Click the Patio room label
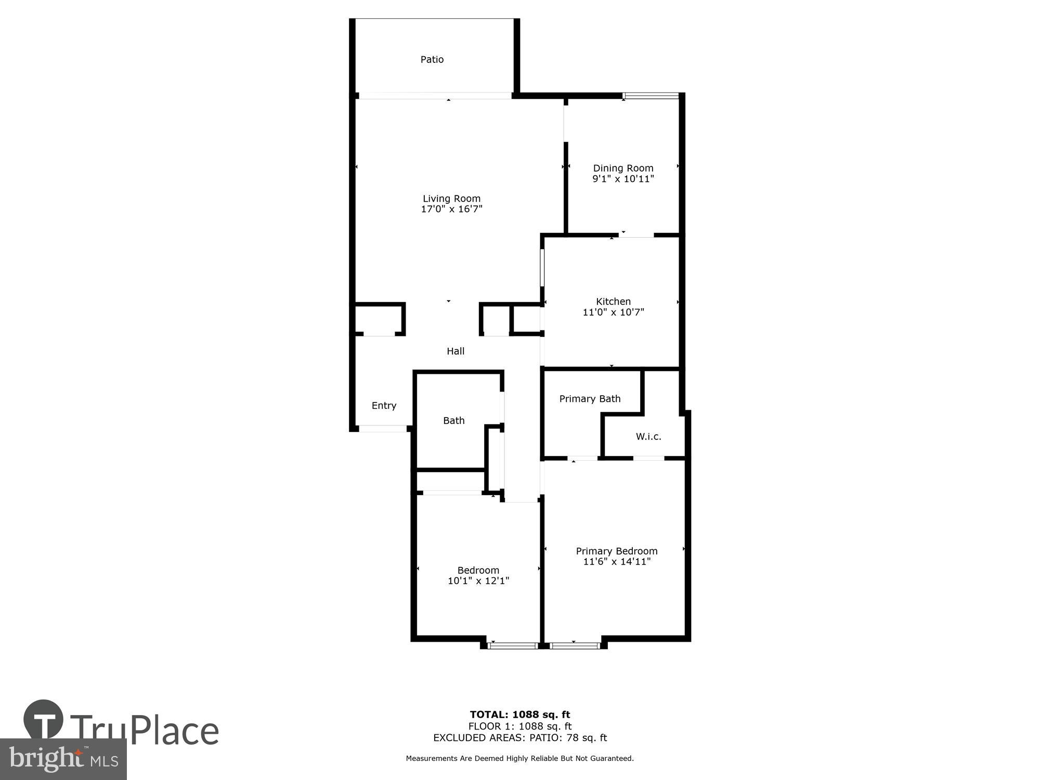click(x=432, y=60)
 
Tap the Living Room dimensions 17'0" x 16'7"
click(x=451, y=209)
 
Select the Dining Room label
click(x=623, y=168)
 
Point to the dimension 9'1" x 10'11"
click(x=623, y=179)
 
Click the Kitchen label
click(x=613, y=302)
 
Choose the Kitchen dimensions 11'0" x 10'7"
click(x=613, y=313)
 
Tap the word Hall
click(x=456, y=352)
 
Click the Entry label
click(x=384, y=406)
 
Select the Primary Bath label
click(x=590, y=399)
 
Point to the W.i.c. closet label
click(x=648, y=437)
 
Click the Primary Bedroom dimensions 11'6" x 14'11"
click(x=617, y=562)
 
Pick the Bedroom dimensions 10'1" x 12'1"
click(x=478, y=581)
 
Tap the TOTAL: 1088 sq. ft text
click(x=520, y=714)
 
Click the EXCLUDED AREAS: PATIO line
click(x=520, y=737)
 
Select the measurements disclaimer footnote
click(x=520, y=759)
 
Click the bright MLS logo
click(x=63, y=760)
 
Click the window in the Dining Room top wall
click(x=651, y=96)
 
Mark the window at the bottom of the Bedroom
click(x=512, y=646)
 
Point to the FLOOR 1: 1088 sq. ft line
click(x=520, y=726)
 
